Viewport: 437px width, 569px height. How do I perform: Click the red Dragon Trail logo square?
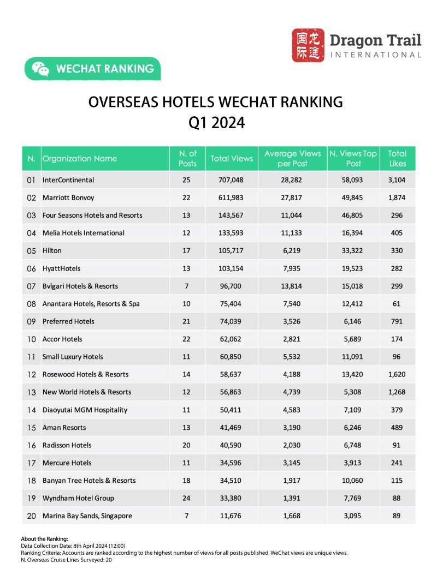tap(308, 45)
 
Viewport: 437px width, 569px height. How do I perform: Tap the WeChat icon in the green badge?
tap(40, 69)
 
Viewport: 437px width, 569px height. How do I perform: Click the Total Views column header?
tap(232, 158)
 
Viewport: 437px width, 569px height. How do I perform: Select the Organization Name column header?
tap(80, 158)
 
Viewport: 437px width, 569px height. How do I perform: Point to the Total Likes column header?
tap(397, 158)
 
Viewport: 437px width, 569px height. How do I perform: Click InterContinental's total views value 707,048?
tap(232, 179)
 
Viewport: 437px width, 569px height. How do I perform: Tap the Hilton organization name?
tap(52, 250)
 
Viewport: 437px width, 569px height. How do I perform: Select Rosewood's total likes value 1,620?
tap(397, 374)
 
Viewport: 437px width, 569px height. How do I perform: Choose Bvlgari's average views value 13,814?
tap(293, 286)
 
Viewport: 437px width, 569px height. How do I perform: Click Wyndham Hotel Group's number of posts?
tap(187, 498)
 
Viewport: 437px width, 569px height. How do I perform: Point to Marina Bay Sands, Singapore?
tap(87, 516)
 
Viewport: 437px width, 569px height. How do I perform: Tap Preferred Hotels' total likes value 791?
tap(397, 321)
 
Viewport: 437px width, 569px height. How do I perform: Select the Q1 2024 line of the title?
tap(216, 123)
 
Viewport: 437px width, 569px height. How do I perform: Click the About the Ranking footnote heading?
tap(44, 539)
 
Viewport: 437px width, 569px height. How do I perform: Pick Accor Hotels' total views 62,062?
tap(232, 339)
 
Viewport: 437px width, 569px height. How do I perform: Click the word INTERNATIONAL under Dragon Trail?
tap(376, 55)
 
